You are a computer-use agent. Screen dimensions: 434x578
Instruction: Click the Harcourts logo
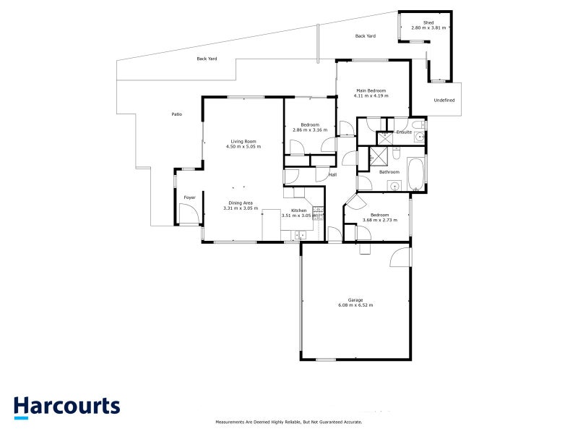click(66, 407)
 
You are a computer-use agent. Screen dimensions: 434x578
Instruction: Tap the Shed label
click(428, 23)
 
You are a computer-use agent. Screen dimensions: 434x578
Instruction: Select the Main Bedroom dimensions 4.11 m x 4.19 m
click(371, 95)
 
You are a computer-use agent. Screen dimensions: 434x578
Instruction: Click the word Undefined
click(444, 100)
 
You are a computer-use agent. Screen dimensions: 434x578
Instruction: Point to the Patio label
click(176, 114)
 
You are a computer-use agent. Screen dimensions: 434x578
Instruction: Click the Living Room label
click(243, 141)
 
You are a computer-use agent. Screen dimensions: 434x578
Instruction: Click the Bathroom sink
click(395, 186)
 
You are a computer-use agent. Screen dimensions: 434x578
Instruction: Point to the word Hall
click(333, 174)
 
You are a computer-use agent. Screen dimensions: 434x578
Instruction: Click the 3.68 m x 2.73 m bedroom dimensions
click(380, 219)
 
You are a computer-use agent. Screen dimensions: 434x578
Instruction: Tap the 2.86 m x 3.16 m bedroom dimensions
click(309, 130)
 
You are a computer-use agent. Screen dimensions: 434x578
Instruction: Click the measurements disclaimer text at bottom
click(289, 422)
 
